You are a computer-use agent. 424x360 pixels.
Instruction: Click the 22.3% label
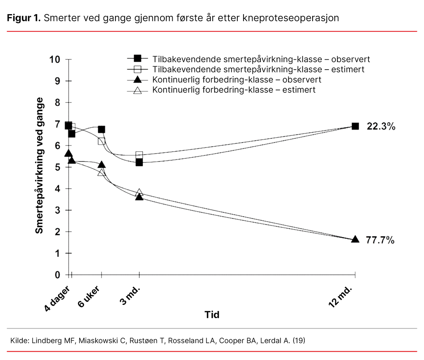coord(381,126)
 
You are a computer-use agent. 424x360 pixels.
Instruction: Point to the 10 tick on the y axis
coord(55,59)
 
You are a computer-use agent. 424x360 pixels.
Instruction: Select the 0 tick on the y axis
coord(57,275)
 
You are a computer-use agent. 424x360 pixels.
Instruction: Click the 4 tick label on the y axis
coord(57,188)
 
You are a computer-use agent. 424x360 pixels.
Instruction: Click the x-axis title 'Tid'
coord(212,315)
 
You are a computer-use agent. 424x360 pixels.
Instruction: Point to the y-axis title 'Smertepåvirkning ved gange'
coord(39,166)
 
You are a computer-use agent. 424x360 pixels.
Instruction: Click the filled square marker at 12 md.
coord(355,126)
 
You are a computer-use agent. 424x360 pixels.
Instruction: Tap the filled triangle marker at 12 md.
coord(355,239)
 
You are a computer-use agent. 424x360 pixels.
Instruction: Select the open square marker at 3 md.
coord(139,155)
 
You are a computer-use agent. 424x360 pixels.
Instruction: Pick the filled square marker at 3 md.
coord(139,162)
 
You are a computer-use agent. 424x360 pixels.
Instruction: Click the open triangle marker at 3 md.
coord(139,193)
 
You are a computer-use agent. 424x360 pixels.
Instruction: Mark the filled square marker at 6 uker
coord(101,130)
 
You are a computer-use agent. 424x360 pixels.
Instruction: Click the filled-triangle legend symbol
coord(137,80)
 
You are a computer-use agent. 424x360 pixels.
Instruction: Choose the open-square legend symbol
coord(137,69)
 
